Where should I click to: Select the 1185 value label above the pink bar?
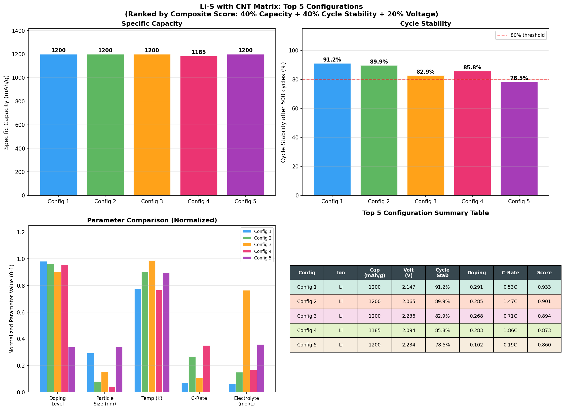(x=199, y=52)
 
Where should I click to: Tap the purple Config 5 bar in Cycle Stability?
(x=519, y=139)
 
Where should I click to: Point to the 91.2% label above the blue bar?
(x=332, y=60)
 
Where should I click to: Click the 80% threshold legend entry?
(x=521, y=35)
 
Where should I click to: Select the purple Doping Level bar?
(x=72, y=369)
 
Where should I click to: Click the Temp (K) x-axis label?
(x=152, y=398)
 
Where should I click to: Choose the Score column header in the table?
(x=544, y=273)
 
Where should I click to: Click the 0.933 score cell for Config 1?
(x=544, y=287)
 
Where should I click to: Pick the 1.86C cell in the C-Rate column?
(x=510, y=330)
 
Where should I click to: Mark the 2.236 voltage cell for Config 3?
(x=408, y=316)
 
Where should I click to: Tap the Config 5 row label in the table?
(x=307, y=345)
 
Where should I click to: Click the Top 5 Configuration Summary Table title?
(x=425, y=213)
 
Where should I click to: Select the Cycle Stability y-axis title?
(x=283, y=112)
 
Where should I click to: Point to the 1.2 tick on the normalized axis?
(x=21, y=232)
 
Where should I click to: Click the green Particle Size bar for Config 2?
(x=98, y=387)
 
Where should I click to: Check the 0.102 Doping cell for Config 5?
(x=476, y=345)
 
